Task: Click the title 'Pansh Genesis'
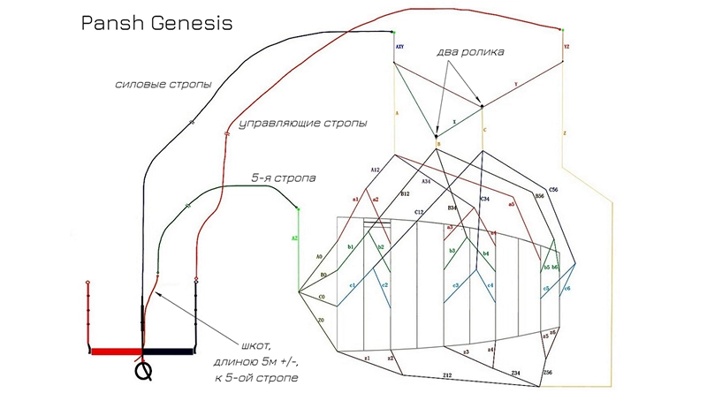(157, 22)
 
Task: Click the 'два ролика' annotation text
(471, 52)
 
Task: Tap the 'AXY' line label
(400, 42)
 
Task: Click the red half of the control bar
(116, 351)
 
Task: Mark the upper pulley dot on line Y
(482, 107)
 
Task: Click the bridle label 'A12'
(375, 169)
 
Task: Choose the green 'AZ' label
(295, 238)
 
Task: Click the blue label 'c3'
(455, 285)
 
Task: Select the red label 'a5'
(511, 204)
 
